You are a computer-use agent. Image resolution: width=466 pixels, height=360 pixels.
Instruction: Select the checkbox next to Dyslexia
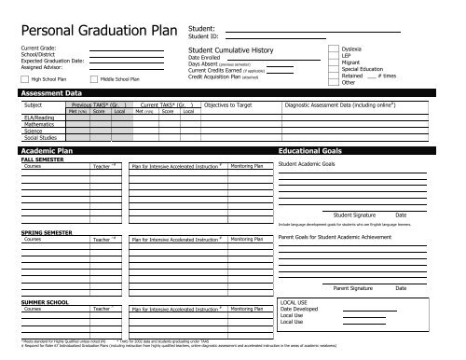(334, 47)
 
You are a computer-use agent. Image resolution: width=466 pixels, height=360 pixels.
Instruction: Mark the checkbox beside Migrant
(334, 62)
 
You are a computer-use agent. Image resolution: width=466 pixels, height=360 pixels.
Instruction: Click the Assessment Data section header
(51, 95)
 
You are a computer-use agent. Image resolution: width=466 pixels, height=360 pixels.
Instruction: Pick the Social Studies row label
(41, 138)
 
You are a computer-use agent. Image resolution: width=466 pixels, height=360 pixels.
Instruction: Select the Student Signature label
(354, 215)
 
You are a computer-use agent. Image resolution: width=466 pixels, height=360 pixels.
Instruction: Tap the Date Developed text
(300, 310)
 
